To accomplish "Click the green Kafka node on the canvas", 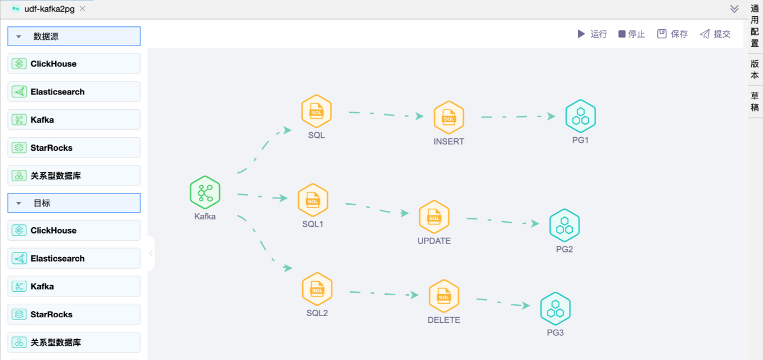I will (205, 193).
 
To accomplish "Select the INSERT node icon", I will (448, 118).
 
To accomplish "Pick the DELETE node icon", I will (444, 296).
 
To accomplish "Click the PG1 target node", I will (580, 116).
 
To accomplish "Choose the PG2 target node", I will (564, 225).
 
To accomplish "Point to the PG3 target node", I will (555, 309).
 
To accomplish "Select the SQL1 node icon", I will (313, 200).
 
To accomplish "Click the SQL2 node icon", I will (317, 289).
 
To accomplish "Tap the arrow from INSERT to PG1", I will (518, 117).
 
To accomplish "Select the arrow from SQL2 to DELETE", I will (383, 294).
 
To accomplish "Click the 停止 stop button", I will (631, 34).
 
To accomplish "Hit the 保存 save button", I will (672, 34).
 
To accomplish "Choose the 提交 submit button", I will (715, 34).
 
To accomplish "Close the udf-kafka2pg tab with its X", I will (83, 8).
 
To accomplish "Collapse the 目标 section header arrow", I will (19, 203).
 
